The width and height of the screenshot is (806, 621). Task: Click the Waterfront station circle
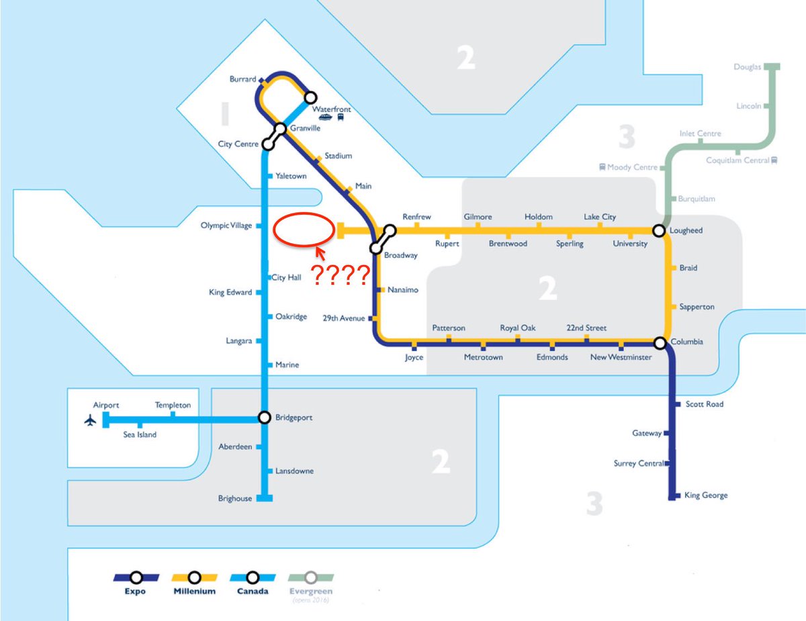click(310, 97)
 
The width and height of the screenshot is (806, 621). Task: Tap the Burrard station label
click(242, 79)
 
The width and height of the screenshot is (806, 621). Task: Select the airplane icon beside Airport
click(90, 421)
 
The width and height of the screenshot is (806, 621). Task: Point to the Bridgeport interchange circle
click(265, 418)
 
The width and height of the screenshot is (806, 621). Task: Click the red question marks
click(340, 275)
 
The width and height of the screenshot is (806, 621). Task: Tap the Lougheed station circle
click(661, 231)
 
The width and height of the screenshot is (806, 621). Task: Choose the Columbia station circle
click(660, 343)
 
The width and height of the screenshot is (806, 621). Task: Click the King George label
click(705, 495)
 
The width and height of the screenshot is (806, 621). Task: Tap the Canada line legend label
click(253, 591)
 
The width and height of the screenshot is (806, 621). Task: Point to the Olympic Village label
click(226, 226)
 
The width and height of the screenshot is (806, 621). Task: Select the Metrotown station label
click(483, 357)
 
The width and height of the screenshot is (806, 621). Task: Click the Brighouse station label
click(235, 498)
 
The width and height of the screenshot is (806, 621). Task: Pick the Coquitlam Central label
click(737, 160)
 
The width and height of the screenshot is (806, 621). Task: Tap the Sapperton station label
click(697, 307)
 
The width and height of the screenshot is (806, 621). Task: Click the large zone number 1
click(224, 115)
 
